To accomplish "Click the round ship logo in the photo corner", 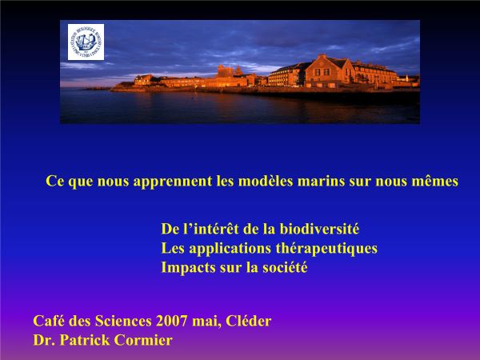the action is click(86, 42).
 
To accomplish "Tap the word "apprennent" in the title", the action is click(173, 182).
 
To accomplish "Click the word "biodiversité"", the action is click(319, 229).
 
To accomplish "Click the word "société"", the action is click(285, 267).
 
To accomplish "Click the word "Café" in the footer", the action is click(49, 321).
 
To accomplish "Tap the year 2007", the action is click(171, 321).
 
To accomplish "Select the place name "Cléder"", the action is click(248, 321).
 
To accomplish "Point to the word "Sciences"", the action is click(123, 321).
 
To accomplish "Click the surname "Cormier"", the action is click(143, 340).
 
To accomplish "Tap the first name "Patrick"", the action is click(85, 340).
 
